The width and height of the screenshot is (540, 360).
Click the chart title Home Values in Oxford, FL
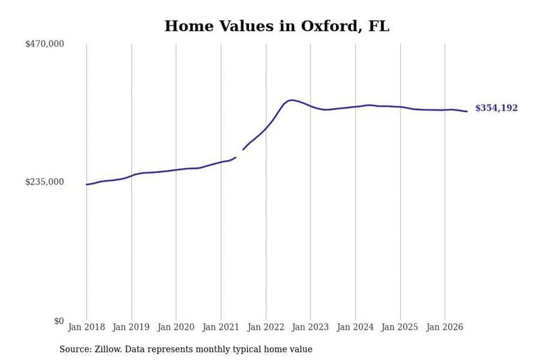pyautogui.click(x=277, y=26)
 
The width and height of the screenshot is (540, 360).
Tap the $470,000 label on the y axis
pyautogui.click(x=45, y=44)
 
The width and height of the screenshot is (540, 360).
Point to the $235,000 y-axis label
pyautogui.click(x=45, y=182)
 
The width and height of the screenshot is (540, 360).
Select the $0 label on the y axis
pyautogui.click(x=59, y=321)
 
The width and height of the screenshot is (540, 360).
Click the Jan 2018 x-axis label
pyautogui.click(x=86, y=327)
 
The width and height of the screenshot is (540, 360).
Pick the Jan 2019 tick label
pyautogui.click(x=131, y=327)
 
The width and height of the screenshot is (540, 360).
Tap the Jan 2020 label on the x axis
pyautogui.click(x=176, y=327)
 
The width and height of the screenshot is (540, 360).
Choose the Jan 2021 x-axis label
pyautogui.click(x=221, y=327)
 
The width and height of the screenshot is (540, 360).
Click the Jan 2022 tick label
pyautogui.click(x=266, y=327)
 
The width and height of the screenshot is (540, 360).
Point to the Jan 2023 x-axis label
pyautogui.click(x=310, y=327)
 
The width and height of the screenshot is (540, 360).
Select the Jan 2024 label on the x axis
pyautogui.click(x=355, y=327)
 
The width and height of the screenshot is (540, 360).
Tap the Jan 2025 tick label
pyautogui.click(x=400, y=327)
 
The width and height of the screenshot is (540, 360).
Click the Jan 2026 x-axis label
pyautogui.click(x=445, y=327)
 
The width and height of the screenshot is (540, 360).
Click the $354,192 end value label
pyautogui.click(x=496, y=108)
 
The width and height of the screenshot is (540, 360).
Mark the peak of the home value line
pyautogui.click(x=292, y=100)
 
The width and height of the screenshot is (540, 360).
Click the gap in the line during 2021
pyautogui.click(x=240, y=153)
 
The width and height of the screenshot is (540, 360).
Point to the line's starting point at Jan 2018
pyautogui.click(x=86, y=184)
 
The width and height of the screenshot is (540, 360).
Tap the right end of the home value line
pyautogui.click(x=467, y=111)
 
